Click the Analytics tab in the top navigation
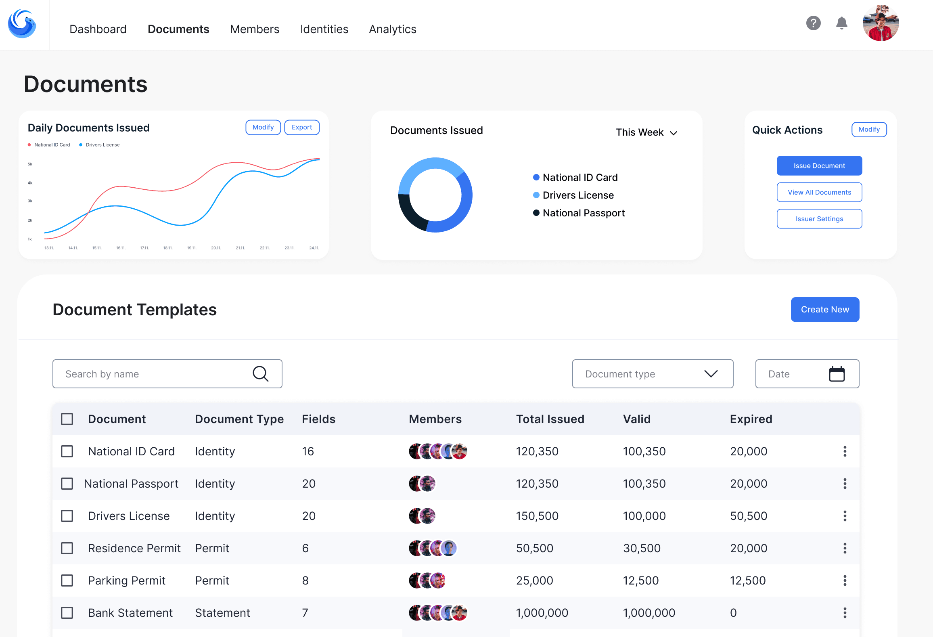pyautogui.click(x=392, y=29)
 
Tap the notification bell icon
pyautogui.click(x=841, y=23)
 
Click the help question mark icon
pyautogui.click(x=813, y=23)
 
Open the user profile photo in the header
pyautogui.click(x=880, y=23)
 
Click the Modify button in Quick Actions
pyautogui.click(x=869, y=130)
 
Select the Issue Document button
pyautogui.click(x=819, y=166)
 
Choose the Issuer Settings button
pyautogui.click(x=819, y=219)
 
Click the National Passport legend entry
pyautogui.click(x=583, y=213)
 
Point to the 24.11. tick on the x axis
pyautogui.click(x=314, y=248)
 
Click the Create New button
pyautogui.click(x=825, y=310)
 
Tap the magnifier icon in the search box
pyautogui.click(x=261, y=374)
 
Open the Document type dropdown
pyautogui.click(x=652, y=374)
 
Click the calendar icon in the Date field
pyautogui.click(x=837, y=374)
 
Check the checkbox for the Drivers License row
pyautogui.click(x=67, y=516)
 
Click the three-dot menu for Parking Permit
pyautogui.click(x=845, y=580)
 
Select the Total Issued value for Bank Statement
pyautogui.click(x=542, y=613)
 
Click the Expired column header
pyautogui.click(x=751, y=419)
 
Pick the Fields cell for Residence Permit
pyautogui.click(x=305, y=548)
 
